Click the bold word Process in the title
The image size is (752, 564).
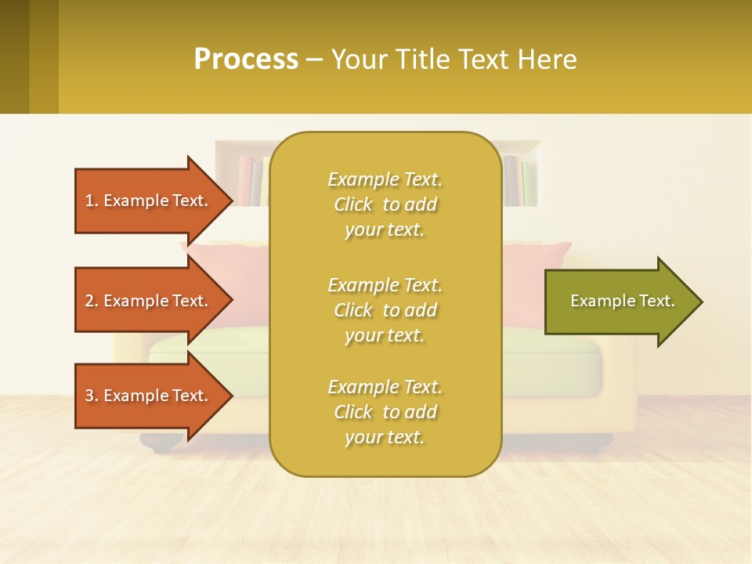click(x=246, y=60)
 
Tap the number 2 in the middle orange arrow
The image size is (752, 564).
click(x=89, y=301)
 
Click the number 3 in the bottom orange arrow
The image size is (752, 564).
click(x=89, y=396)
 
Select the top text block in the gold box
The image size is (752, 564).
click(x=385, y=204)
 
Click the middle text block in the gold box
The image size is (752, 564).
click(x=385, y=310)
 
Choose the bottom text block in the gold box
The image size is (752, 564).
click(x=385, y=412)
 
